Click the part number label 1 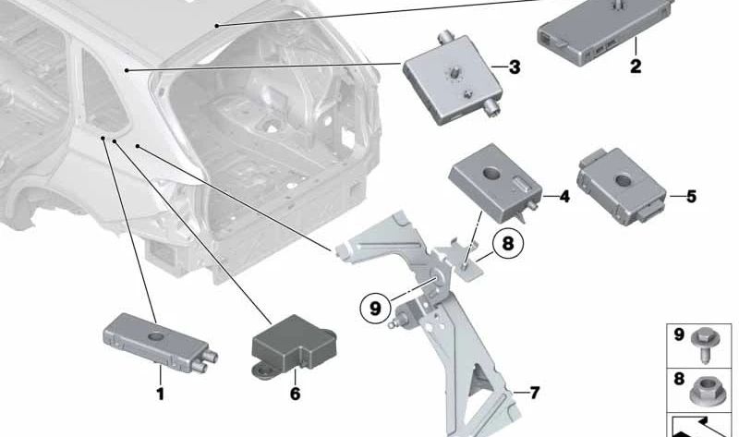coord(160,395)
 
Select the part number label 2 coord(635,67)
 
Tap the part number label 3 coord(514,67)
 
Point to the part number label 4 coord(563,197)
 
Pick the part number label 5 coord(691,196)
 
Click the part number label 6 coord(295,395)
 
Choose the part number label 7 coord(533,393)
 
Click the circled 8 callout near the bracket coord(506,245)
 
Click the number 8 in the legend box coord(679,379)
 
